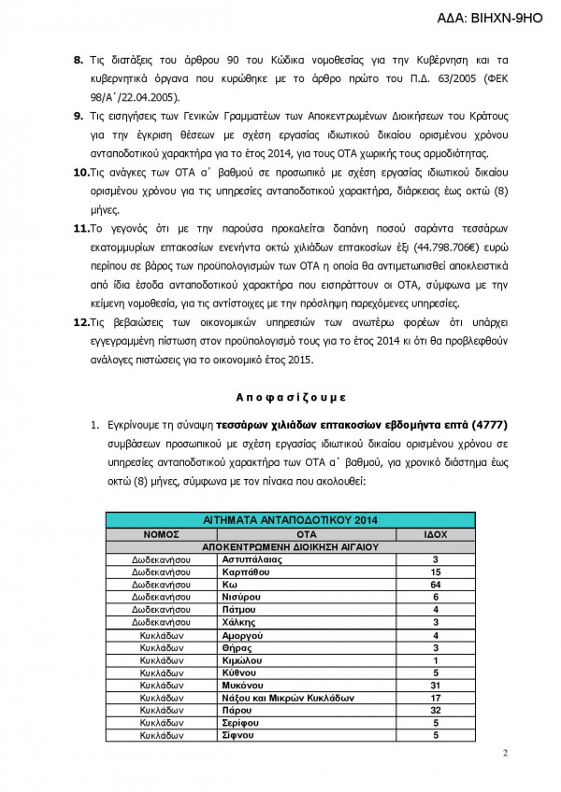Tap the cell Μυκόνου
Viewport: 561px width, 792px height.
244,684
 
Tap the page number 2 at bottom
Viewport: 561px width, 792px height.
504,754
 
